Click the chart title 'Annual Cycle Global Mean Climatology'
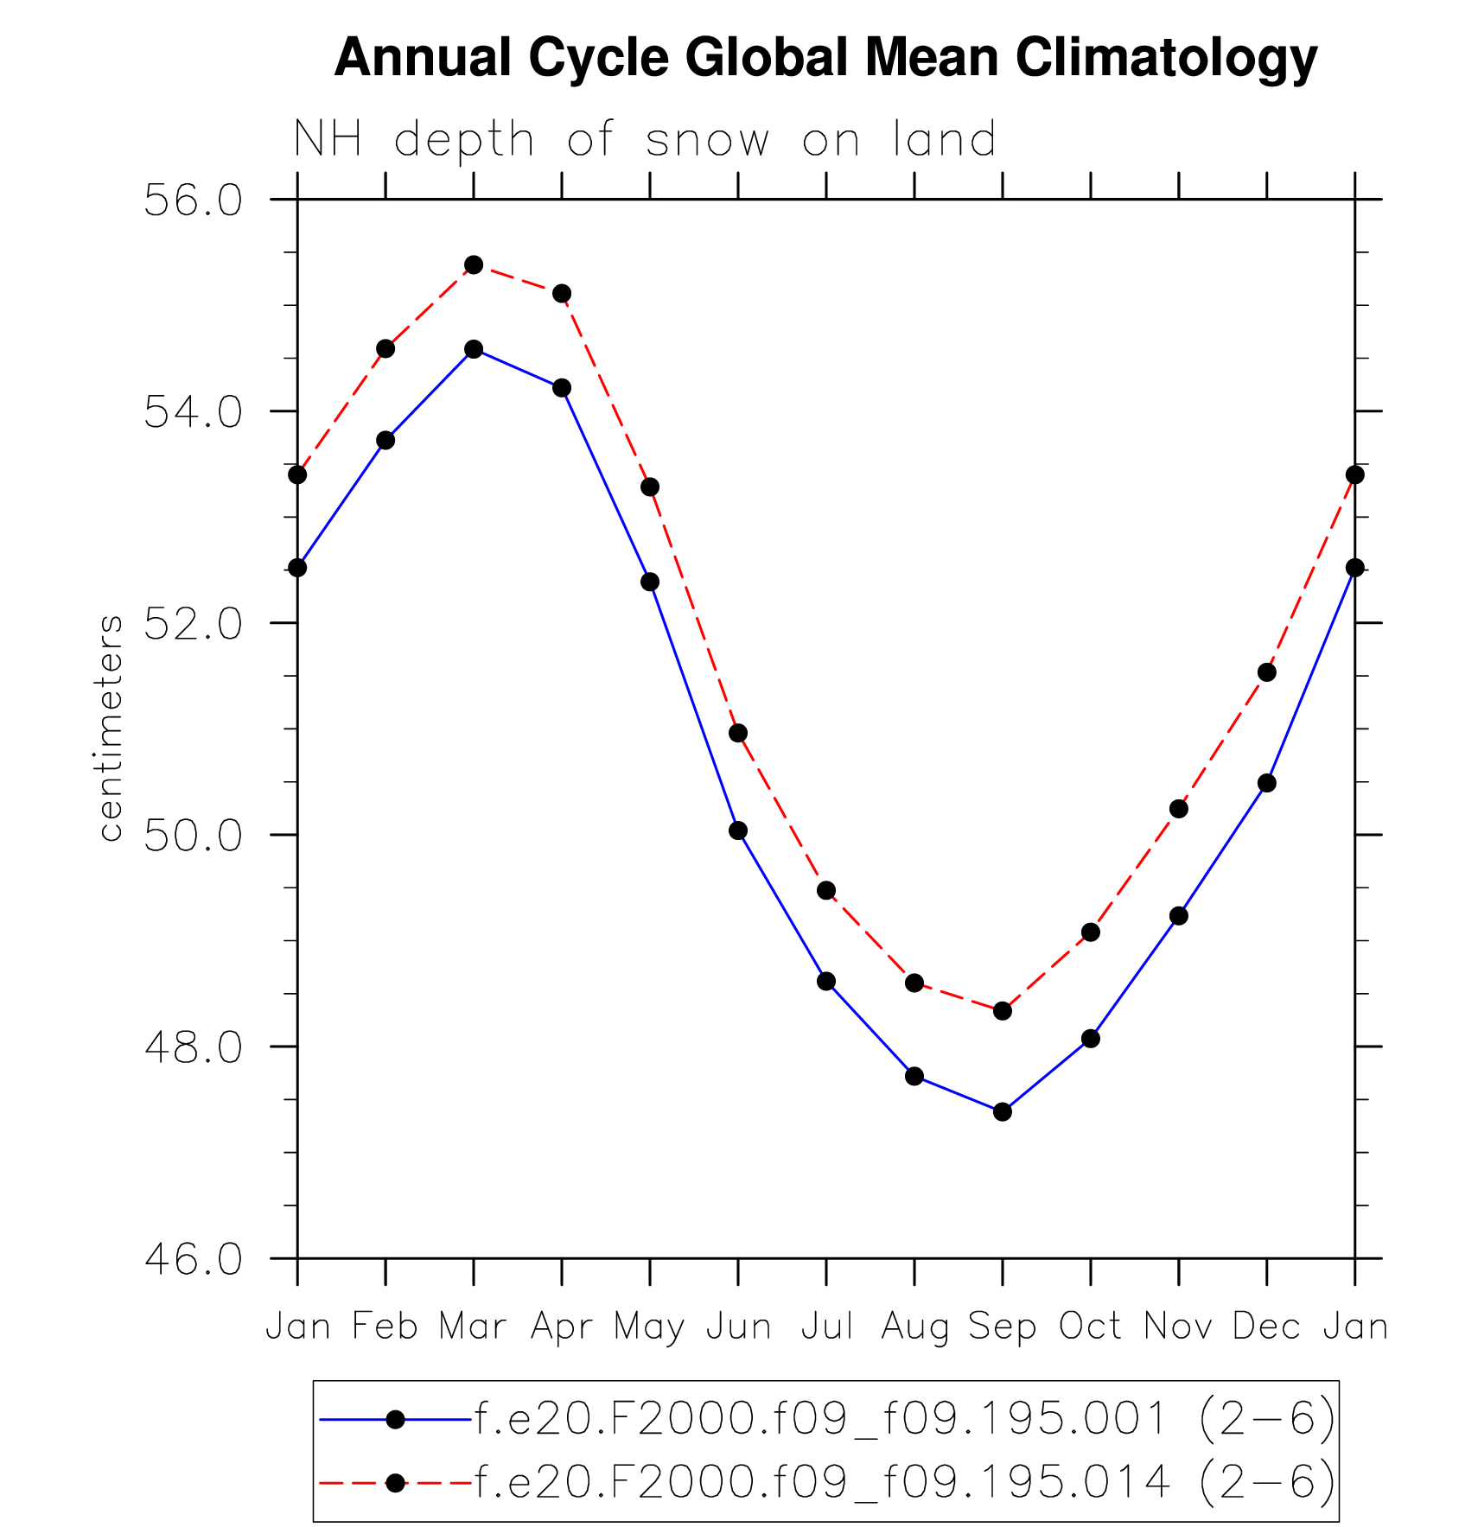pyautogui.click(x=825, y=58)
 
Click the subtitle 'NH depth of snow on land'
pyautogui.click(x=645, y=140)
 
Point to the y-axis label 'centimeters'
pyautogui.click(x=111, y=728)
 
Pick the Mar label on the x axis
pyautogui.click(x=473, y=1326)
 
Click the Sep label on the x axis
pyautogui.click(x=1002, y=1326)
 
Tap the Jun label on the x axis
pyautogui.click(x=738, y=1326)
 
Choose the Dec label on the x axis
pyautogui.click(x=1266, y=1326)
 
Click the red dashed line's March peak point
pyautogui.click(x=474, y=264)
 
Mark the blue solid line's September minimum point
pyautogui.click(x=1003, y=1111)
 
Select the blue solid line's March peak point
pyautogui.click(x=474, y=349)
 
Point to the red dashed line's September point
pyautogui.click(x=1003, y=1010)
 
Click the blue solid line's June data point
pyautogui.click(x=738, y=830)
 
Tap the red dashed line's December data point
pyautogui.click(x=1267, y=672)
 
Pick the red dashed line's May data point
pyautogui.click(x=650, y=487)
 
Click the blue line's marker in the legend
pyautogui.click(x=395, y=1419)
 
